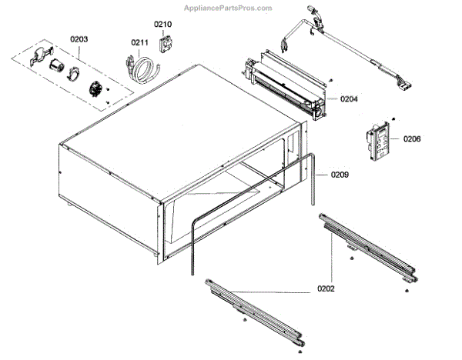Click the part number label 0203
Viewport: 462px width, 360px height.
[79, 38]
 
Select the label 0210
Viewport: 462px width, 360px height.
[163, 24]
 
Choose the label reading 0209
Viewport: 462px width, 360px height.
[340, 175]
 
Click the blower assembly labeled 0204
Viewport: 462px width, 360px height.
[285, 85]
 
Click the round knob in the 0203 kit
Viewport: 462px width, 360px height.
[96, 88]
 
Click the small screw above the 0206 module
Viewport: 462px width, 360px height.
[393, 119]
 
